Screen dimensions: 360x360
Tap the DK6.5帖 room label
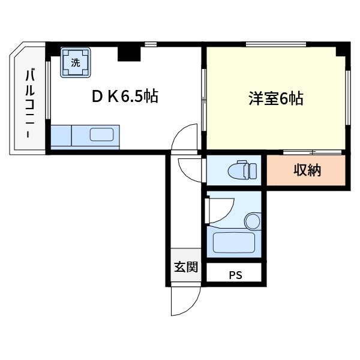[125, 97]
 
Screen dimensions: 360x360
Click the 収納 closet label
[307, 170]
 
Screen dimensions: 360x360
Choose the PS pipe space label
[235, 276]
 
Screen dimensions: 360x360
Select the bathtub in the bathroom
[235, 244]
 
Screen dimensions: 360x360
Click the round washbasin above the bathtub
[253, 221]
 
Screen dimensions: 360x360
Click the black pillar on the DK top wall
[128, 53]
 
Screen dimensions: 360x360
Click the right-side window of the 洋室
[348, 99]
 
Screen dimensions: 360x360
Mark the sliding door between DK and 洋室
[204, 99]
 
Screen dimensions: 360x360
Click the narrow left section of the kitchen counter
[61, 136]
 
